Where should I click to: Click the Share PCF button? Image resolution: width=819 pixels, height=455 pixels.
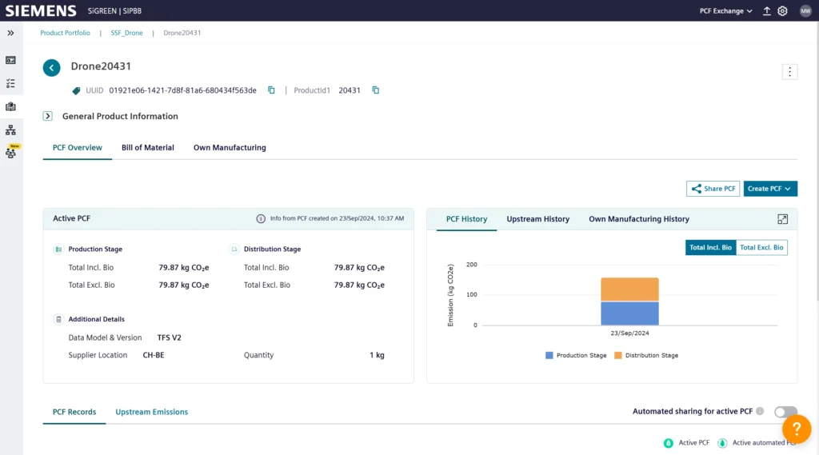point(713,189)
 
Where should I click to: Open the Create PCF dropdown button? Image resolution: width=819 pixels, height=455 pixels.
point(770,189)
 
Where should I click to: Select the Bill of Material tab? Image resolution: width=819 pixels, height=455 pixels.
point(148,148)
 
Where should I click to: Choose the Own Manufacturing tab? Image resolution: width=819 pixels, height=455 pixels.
point(230,148)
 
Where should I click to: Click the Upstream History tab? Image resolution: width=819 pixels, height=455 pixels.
point(538,219)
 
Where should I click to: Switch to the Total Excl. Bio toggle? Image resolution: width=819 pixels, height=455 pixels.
point(761,248)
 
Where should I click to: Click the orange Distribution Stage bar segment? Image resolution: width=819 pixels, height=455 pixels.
point(630,289)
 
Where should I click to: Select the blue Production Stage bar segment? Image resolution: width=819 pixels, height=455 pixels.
point(630,313)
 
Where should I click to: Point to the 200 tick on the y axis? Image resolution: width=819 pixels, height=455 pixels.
point(472,265)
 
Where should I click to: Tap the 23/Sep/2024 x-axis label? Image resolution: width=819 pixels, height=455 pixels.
point(630,333)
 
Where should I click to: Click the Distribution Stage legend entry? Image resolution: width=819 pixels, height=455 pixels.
point(646,355)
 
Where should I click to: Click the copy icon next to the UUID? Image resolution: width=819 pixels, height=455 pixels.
point(271,90)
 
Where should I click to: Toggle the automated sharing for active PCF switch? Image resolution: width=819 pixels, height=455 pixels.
point(785,412)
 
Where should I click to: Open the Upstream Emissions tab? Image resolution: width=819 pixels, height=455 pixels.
point(151,412)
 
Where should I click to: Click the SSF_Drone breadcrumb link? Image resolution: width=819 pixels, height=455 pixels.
point(126,33)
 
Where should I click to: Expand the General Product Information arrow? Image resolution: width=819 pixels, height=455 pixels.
point(47,116)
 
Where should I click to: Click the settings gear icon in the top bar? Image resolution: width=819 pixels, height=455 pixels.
point(782,11)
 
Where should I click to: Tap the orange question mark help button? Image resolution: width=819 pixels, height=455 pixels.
point(797,429)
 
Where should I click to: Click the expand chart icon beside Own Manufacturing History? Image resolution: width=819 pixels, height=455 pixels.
point(782,219)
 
